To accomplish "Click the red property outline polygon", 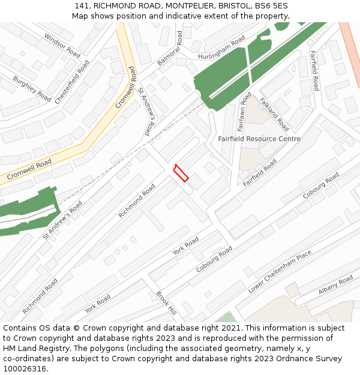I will point(181,173).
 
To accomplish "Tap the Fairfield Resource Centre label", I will point(259,139).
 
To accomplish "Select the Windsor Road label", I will point(62,46).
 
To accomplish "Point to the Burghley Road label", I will point(32,88).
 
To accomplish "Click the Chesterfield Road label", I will point(72,82).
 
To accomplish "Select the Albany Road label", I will point(336,284).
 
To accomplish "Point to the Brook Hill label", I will point(166,304).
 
